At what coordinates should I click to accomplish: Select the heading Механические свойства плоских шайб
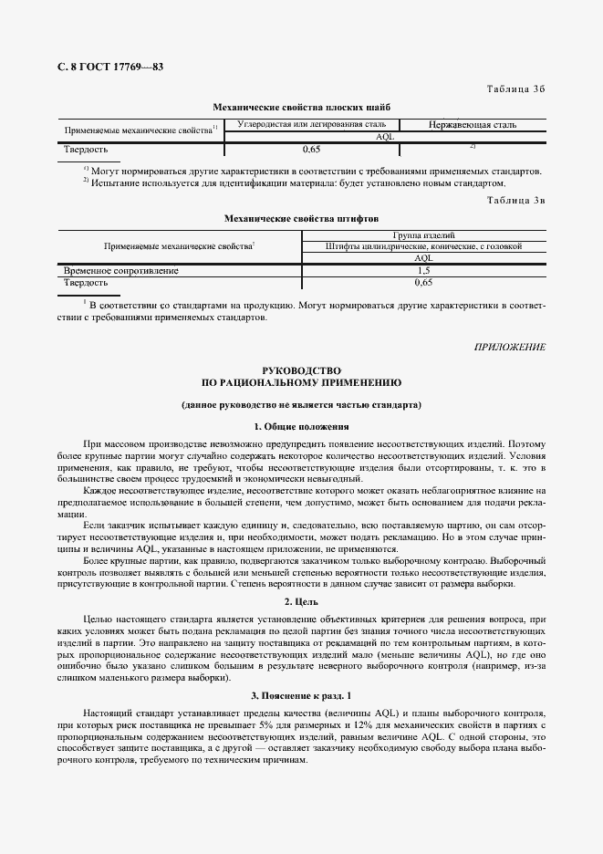[x=301, y=107]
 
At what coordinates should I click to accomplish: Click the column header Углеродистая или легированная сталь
[x=311, y=123]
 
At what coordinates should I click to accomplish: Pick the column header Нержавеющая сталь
[x=473, y=124]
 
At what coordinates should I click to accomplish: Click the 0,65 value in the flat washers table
[x=311, y=148]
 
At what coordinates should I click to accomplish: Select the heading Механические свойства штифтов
[x=301, y=219]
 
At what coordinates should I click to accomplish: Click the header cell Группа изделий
[x=423, y=235]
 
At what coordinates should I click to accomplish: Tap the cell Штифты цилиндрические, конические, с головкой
[x=423, y=246]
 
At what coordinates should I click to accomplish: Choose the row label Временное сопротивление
[x=121, y=271]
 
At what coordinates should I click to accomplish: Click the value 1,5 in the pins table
[x=423, y=271]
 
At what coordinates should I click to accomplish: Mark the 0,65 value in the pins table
[x=423, y=283]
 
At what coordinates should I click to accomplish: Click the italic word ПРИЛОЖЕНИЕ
[x=510, y=348]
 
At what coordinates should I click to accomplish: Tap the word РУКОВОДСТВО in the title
[x=301, y=370]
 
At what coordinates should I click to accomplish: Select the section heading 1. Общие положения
[x=301, y=426]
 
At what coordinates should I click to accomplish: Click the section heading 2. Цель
[x=301, y=601]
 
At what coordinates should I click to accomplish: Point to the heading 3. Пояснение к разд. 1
[x=301, y=696]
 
